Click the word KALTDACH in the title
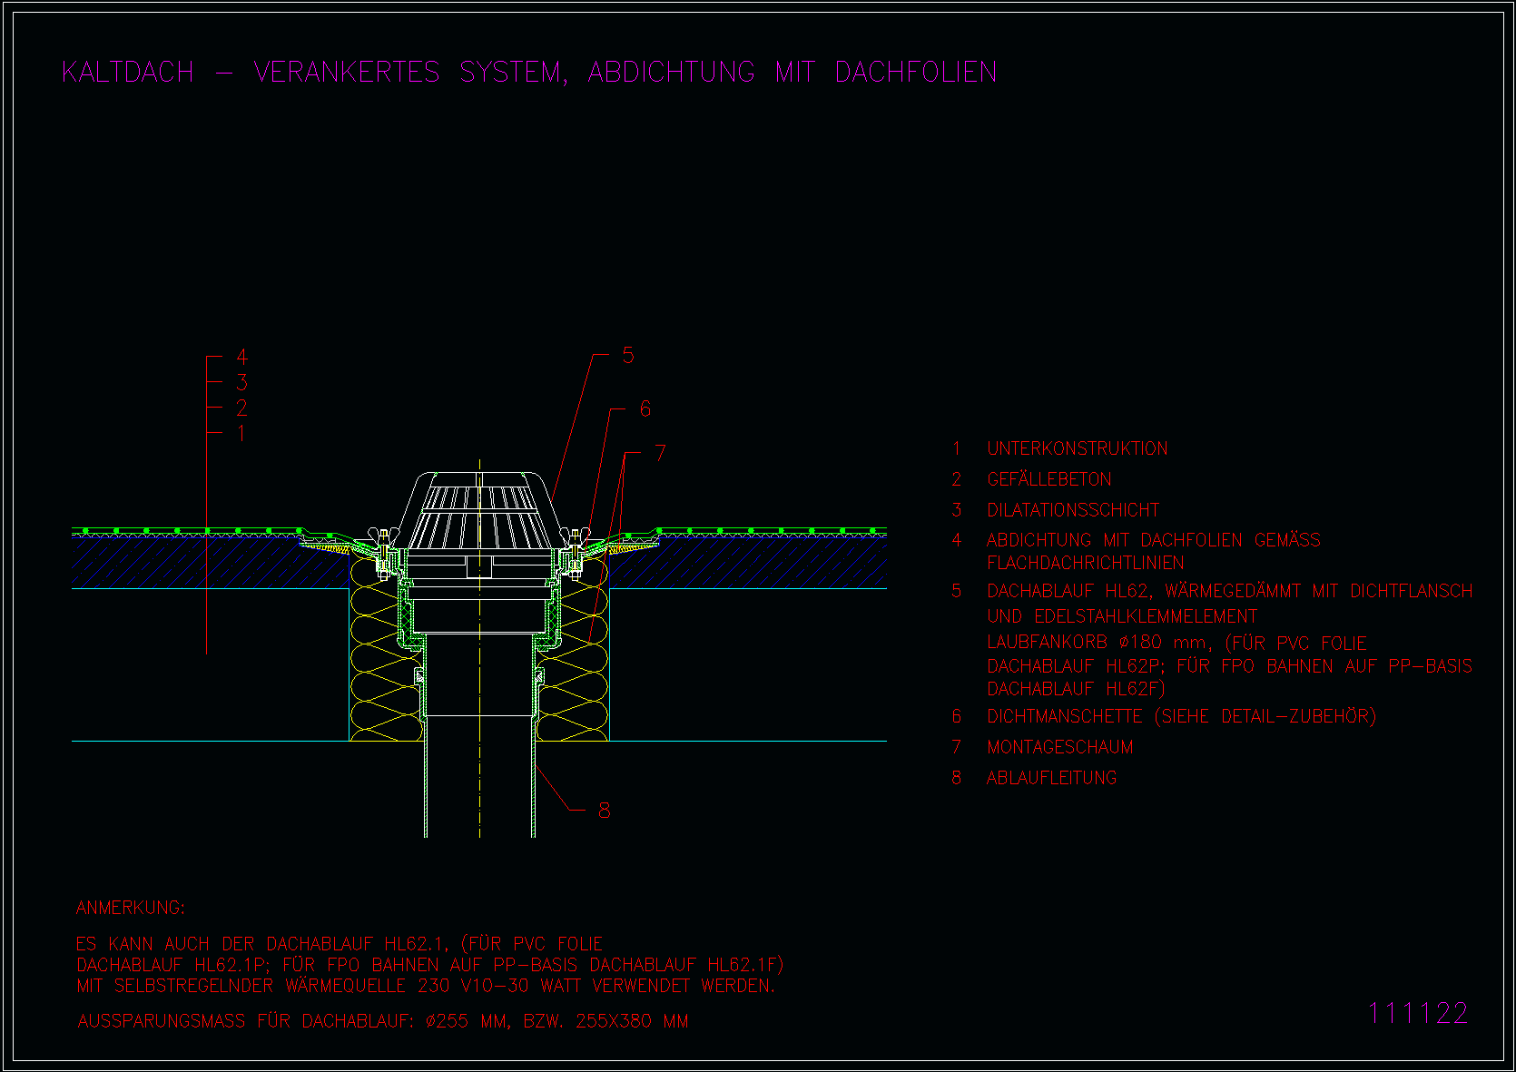point(128,73)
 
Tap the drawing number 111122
point(1417,1013)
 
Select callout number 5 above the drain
point(628,355)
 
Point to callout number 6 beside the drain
point(645,408)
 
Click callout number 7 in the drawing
point(660,452)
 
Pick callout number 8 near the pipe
point(604,811)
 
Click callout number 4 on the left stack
point(241,357)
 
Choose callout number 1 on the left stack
point(241,433)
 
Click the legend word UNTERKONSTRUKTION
point(1078,448)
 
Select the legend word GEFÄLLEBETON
point(1049,479)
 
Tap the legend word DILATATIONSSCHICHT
point(1073,510)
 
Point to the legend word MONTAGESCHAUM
point(1060,747)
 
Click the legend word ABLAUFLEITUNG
point(1052,778)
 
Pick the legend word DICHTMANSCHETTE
point(1064,716)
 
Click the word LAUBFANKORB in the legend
point(1048,643)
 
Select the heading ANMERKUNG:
point(130,908)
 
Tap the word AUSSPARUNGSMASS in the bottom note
point(161,1021)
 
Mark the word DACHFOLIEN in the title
point(915,73)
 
